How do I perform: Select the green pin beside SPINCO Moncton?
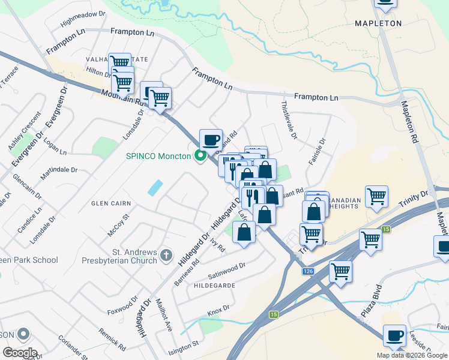click(x=200, y=157)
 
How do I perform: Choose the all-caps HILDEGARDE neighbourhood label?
click(x=214, y=286)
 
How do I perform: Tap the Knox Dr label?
click(x=218, y=310)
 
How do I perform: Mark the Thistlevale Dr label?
click(x=288, y=120)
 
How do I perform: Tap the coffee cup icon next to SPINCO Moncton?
click(x=211, y=140)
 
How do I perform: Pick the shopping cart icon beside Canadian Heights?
click(x=376, y=196)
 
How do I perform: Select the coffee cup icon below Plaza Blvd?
click(x=395, y=336)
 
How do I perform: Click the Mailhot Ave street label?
click(x=164, y=316)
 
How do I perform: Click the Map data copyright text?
click(x=412, y=355)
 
